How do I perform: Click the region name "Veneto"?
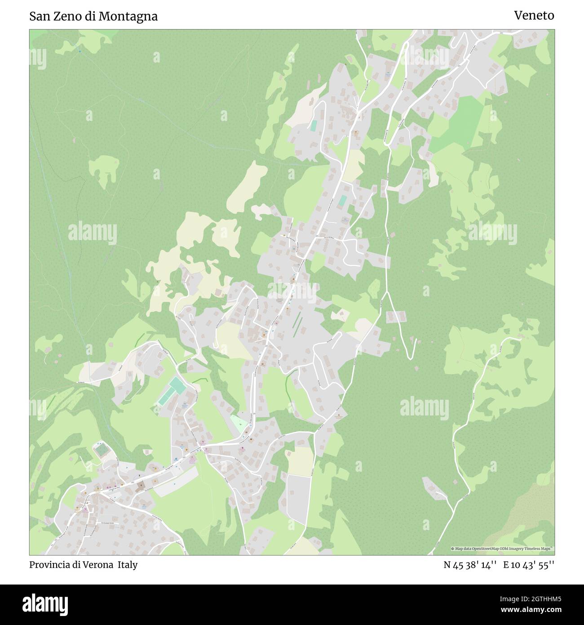pos(534,15)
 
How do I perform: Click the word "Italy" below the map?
pos(128,565)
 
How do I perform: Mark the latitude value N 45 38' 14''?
pos(469,565)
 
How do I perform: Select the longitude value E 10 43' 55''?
pos(529,565)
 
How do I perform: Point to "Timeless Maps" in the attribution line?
pos(539,549)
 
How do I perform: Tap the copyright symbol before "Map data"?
pos(453,549)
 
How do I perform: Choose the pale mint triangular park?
pos(239,423)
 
